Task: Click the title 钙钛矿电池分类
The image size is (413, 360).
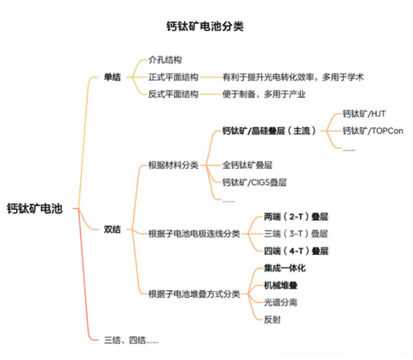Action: (x=205, y=26)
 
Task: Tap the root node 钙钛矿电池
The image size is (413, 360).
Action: (x=35, y=208)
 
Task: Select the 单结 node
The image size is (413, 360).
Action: (x=112, y=77)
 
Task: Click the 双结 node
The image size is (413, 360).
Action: (x=112, y=229)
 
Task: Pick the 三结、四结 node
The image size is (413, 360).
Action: (x=131, y=341)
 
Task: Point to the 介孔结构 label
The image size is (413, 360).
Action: (x=165, y=60)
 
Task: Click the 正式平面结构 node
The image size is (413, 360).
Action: (x=173, y=77)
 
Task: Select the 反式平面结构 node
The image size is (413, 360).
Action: (x=173, y=94)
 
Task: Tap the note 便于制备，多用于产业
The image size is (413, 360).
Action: (x=264, y=94)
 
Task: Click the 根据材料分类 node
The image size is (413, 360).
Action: (x=173, y=165)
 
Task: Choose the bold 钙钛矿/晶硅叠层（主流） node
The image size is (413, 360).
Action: (x=269, y=131)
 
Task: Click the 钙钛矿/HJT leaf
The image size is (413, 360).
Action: (x=364, y=114)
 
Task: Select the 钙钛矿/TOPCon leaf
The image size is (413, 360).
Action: (x=373, y=131)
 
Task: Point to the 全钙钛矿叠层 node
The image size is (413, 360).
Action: (x=247, y=165)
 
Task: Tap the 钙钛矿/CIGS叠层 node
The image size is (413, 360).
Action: (x=255, y=182)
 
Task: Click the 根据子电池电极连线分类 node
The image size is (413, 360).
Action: (x=194, y=233)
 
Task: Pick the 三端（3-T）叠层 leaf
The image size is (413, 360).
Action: (x=296, y=233)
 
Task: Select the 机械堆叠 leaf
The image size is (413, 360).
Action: (x=280, y=285)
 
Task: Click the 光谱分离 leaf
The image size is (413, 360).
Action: (x=280, y=302)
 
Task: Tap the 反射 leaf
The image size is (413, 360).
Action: (x=272, y=320)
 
